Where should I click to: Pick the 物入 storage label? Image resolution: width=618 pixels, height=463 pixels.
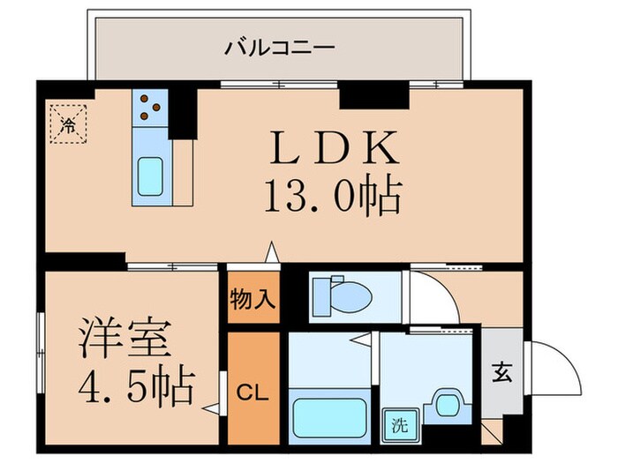click(x=252, y=297)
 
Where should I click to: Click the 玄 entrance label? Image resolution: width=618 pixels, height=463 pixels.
click(x=501, y=372)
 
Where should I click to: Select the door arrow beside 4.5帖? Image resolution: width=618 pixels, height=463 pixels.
click(x=209, y=408)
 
